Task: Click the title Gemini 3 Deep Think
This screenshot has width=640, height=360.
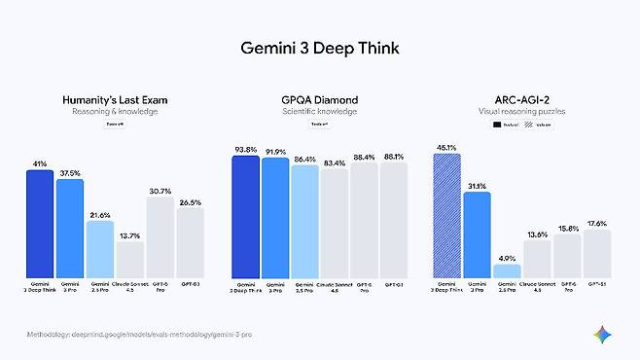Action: tap(319, 48)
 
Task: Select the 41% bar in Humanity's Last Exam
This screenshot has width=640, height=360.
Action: tap(40, 224)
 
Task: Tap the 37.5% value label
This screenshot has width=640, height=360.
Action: tap(70, 173)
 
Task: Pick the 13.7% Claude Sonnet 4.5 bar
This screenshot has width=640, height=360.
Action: tap(130, 259)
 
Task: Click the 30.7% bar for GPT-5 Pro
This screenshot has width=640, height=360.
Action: tap(160, 237)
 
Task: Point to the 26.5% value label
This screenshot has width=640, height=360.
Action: tap(190, 202)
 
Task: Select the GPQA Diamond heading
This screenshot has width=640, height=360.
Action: tap(320, 99)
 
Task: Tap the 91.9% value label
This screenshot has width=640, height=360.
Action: tap(275, 152)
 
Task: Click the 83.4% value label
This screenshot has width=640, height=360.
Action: tap(335, 161)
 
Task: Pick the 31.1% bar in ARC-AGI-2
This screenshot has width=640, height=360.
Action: tap(477, 234)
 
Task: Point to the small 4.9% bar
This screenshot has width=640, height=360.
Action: tap(507, 270)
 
